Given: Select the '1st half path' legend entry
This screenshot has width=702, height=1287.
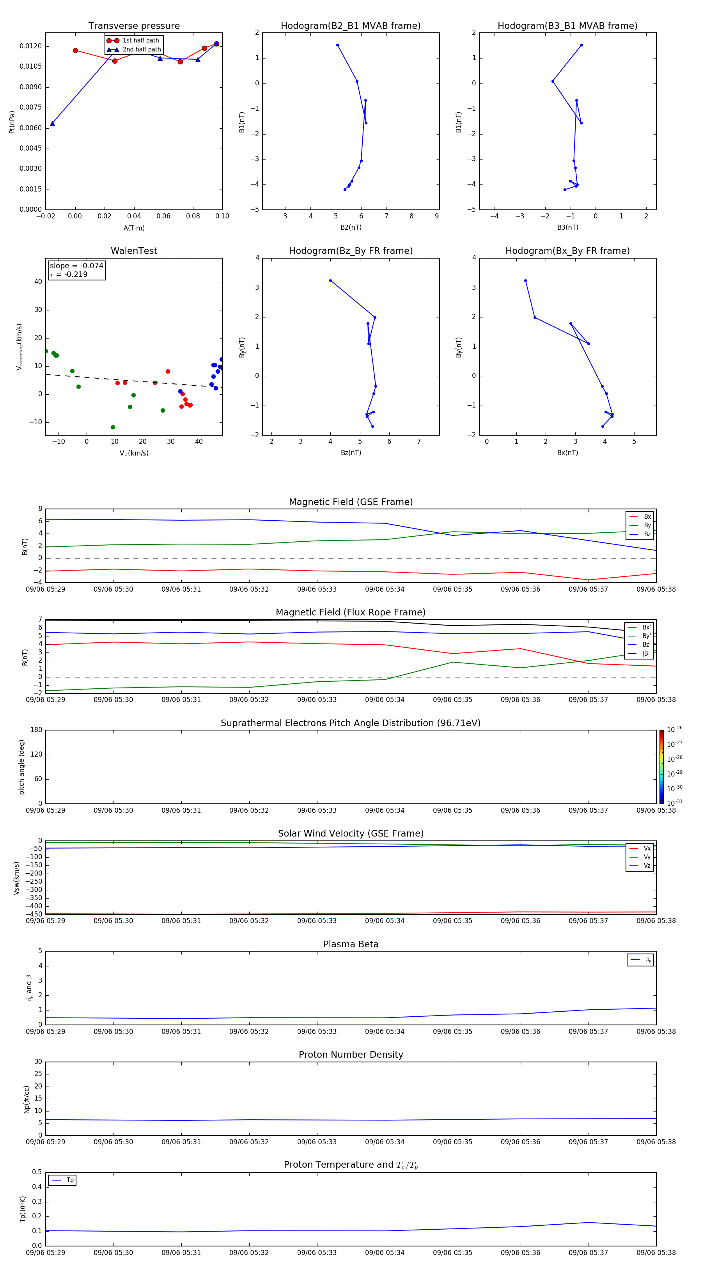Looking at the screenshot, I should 140,41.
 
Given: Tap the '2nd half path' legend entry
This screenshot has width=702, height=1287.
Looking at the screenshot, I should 142,50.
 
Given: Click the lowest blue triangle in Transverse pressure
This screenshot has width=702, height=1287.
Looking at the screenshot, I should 53,123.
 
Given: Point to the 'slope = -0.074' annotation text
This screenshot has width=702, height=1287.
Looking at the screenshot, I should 76,266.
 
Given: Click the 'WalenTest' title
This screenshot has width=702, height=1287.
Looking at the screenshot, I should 134,251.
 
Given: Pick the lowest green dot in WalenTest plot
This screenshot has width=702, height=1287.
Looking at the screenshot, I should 113,427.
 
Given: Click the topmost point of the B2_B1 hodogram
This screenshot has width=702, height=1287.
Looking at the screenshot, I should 337,45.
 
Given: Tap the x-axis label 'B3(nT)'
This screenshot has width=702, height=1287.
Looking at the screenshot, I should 567,227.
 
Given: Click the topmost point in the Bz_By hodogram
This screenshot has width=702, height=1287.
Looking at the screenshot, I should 330,281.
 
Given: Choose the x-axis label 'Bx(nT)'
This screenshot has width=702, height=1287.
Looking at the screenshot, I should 567,453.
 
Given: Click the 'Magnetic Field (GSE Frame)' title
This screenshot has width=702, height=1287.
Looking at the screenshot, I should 351,502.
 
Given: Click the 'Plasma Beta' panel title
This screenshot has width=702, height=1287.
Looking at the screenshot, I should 351,944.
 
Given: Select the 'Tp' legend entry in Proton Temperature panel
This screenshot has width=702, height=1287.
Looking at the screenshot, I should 69,1180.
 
